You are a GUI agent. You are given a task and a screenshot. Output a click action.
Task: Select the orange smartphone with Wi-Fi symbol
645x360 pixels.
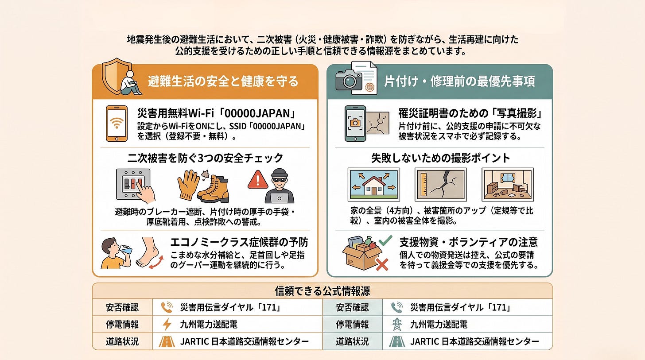pos(117,124)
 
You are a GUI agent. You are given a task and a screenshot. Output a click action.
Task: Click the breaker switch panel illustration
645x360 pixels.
pos(133,184)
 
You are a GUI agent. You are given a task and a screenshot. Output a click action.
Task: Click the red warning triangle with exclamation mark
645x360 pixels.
pos(258,180)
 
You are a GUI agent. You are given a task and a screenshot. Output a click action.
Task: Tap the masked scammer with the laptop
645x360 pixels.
pos(279,186)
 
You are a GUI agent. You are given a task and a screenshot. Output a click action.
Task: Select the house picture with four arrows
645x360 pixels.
pos(374,185)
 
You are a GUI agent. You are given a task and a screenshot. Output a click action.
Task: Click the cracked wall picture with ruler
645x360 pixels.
pos(440,185)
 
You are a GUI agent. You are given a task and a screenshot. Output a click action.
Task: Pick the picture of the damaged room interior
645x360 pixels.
pos(508,185)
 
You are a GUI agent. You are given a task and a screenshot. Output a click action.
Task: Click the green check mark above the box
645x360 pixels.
pos(385,240)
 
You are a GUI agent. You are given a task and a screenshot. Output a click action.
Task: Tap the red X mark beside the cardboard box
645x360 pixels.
pos(382,264)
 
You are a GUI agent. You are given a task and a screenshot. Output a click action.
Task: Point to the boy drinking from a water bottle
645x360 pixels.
pos(115,253)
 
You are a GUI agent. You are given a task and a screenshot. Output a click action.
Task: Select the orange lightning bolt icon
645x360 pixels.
pos(167,324)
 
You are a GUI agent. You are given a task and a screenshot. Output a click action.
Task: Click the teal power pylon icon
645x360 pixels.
pos(397,324)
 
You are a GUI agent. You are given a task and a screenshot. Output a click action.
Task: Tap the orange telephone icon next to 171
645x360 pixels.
pos(167,307)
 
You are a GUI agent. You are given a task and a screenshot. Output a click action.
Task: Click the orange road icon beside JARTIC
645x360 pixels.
pos(167,341)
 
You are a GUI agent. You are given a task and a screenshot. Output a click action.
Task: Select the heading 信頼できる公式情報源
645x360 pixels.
pos(322,291)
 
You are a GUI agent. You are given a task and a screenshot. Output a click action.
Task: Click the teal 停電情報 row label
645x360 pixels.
pos(352,324)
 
